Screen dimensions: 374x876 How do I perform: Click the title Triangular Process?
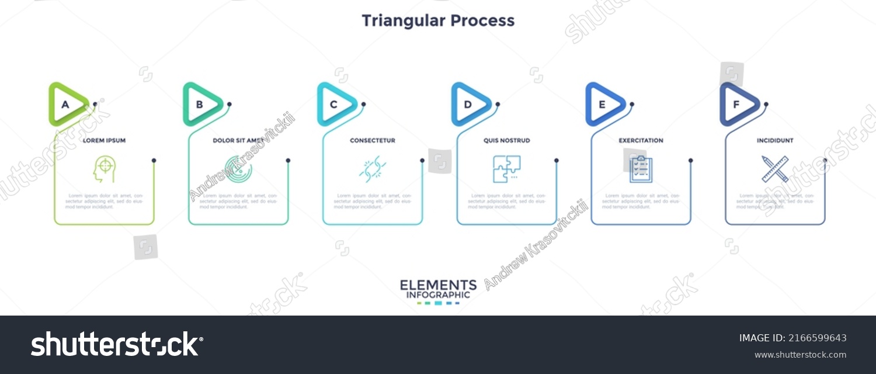click(x=438, y=20)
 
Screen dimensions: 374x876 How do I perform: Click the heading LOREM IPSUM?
click(x=104, y=141)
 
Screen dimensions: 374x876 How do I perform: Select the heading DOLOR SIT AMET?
click(x=238, y=141)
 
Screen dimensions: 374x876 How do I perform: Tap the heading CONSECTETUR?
click(x=373, y=141)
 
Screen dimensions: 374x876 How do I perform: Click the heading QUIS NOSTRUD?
click(x=507, y=141)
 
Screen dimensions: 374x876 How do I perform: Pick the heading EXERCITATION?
click(x=641, y=141)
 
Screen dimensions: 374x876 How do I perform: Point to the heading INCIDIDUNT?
click(x=775, y=141)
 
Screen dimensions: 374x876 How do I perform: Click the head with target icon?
click(x=104, y=169)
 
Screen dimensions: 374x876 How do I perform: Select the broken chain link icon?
click(x=373, y=169)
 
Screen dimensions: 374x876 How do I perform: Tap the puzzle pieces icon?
click(x=506, y=169)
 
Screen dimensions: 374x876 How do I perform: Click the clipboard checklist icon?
click(x=641, y=169)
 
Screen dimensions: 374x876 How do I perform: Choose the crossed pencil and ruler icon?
click(x=775, y=169)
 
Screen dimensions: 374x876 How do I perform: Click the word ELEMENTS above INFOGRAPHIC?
click(x=438, y=285)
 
